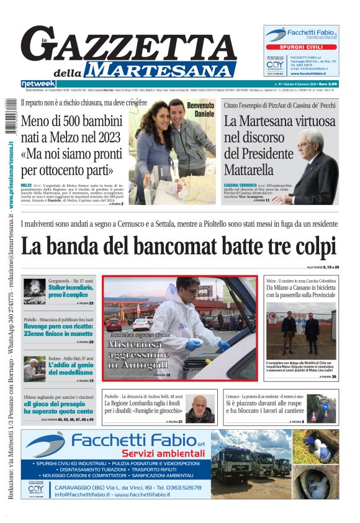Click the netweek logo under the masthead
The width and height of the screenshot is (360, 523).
click(38, 83)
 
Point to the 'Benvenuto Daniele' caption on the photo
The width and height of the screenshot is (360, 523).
click(200, 109)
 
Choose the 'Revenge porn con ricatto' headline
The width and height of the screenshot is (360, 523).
click(58, 329)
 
